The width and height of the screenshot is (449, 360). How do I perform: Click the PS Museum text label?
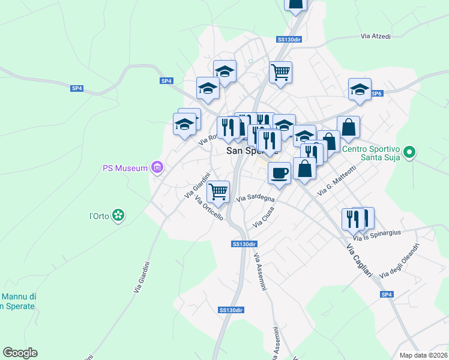click(124, 168)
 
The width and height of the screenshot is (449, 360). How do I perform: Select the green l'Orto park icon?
click(119, 215)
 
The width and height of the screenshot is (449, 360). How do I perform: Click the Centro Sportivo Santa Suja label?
click(370, 154)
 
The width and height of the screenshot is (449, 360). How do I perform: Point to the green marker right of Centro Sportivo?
click(409, 152)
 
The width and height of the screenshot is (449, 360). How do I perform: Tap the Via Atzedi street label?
click(376, 37)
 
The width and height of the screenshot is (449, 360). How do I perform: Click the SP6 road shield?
click(376, 94)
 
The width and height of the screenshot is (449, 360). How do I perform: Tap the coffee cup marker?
click(279, 173)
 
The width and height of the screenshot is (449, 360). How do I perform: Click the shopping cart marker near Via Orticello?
click(218, 191)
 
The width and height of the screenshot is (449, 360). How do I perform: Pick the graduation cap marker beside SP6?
click(360, 89)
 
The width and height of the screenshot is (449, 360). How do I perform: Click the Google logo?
click(20, 353)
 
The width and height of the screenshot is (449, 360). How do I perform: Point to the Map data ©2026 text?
click(423, 355)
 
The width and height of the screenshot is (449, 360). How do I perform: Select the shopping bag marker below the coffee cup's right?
click(305, 168)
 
